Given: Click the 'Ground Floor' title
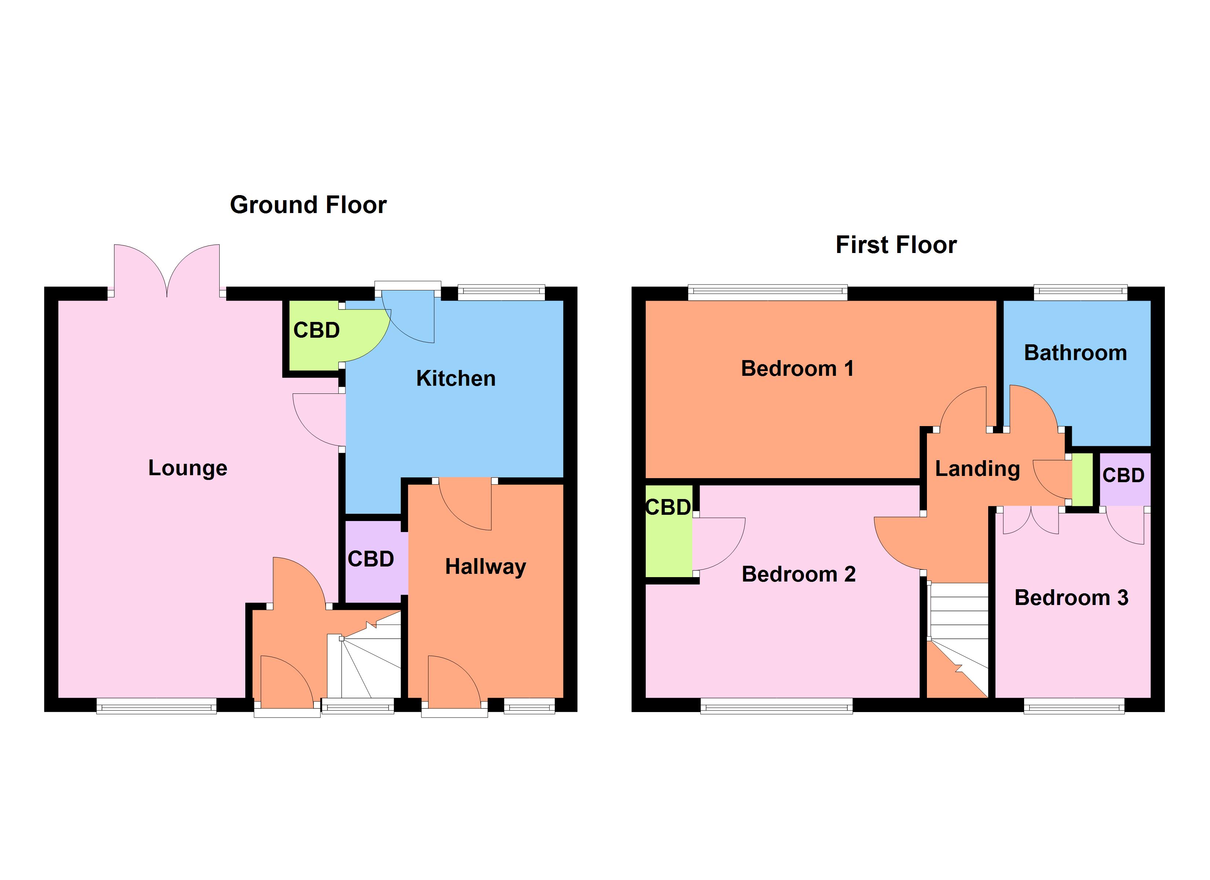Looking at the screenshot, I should click(308, 205).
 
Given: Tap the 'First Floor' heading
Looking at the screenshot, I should click(896, 245).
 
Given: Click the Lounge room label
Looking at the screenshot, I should click(188, 468).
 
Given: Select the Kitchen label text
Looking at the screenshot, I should click(456, 378).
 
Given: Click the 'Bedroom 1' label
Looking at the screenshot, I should click(797, 368).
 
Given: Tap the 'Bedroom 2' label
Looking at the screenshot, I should click(798, 574).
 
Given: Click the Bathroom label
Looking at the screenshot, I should click(1075, 353).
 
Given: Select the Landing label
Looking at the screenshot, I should click(978, 469).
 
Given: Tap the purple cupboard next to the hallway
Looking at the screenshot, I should click(371, 559).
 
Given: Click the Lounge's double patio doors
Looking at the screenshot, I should click(167, 272).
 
